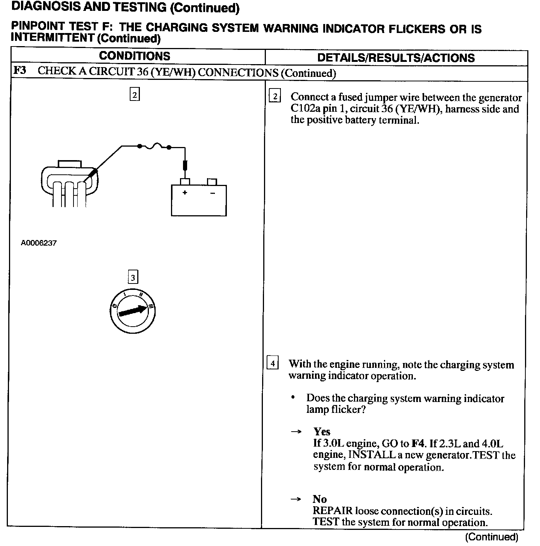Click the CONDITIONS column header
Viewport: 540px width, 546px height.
(x=134, y=56)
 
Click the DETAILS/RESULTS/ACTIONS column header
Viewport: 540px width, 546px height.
(x=396, y=58)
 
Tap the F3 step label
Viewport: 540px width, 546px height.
(x=19, y=71)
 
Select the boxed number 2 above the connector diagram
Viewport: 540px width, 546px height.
(x=135, y=94)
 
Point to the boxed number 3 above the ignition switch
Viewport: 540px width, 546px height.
(x=133, y=277)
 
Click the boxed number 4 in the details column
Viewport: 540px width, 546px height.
(x=273, y=363)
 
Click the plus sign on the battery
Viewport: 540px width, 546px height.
(x=184, y=193)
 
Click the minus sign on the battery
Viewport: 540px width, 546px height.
(x=212, y=193)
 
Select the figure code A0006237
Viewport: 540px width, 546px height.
(x=39, y=243)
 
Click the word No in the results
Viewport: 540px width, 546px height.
(x=320, y=499)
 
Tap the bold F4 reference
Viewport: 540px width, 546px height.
(x=418, y=444)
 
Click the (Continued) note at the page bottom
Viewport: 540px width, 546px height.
(x=491, y=537)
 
